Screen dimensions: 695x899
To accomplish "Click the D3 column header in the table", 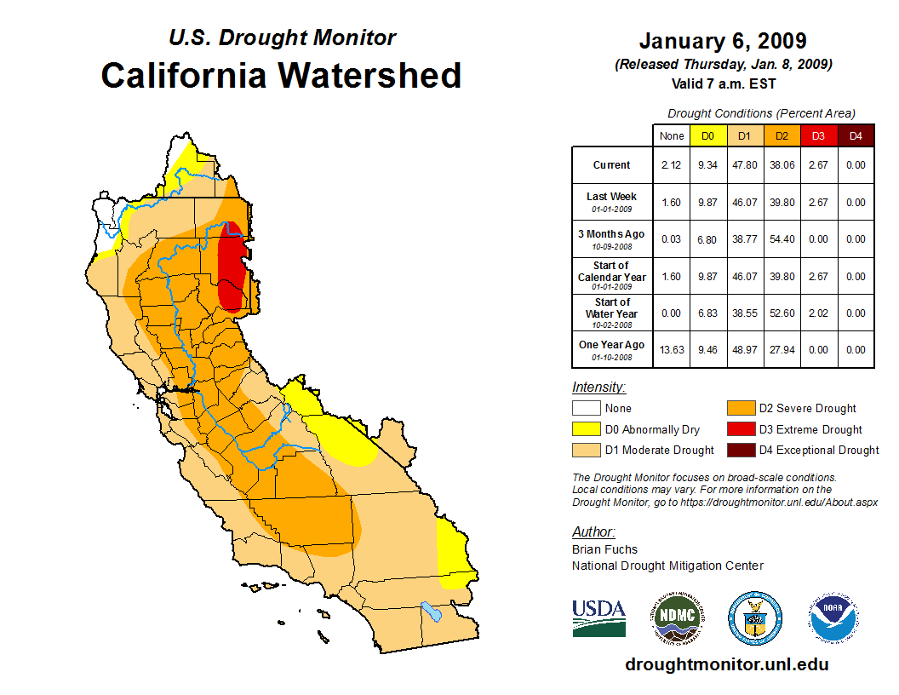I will click(x=818, y=136).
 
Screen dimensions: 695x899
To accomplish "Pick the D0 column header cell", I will click(x=708, y=136).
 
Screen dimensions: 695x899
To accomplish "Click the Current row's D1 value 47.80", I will click(x=745, y=165).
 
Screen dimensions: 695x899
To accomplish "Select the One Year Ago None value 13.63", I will click(x=672, y=349).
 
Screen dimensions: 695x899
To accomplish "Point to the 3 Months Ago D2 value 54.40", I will click(x=782, y=239).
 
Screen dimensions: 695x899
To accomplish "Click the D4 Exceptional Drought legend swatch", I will click(x=740, y=450).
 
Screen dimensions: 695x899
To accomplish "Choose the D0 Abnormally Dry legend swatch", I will click(x=587, y=429).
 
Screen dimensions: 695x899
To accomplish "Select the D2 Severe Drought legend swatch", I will click(x=740, y=408).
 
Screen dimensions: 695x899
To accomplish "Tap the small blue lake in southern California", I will click(x=432, y=612).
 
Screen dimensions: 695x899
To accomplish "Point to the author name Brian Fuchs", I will click(x=604, y=549).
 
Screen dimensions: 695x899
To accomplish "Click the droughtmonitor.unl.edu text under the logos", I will click(x=726, y=664).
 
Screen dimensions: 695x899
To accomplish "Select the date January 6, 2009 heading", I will click(x=723, y=41).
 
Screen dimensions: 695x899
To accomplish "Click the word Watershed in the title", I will click(x=371, y=75).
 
